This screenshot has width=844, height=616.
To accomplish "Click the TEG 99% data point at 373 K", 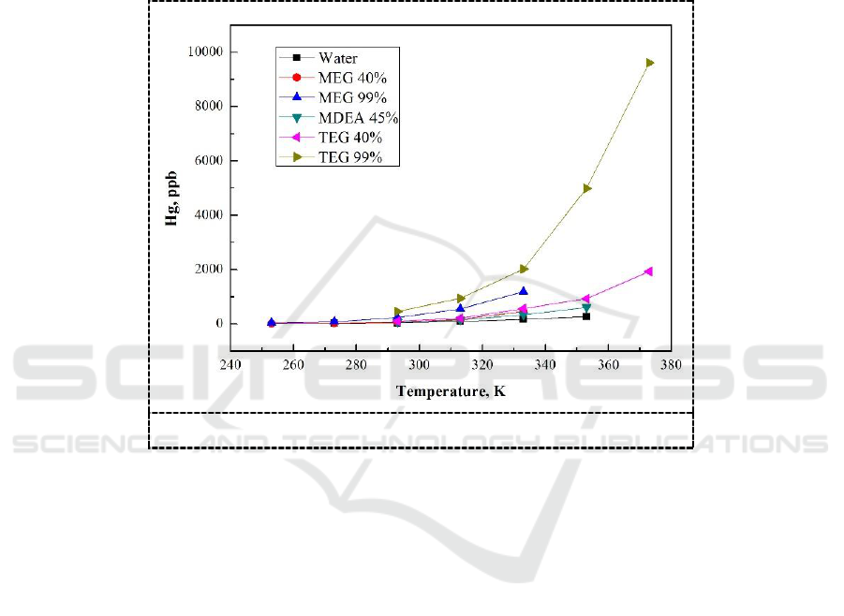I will click(x=649, y=63).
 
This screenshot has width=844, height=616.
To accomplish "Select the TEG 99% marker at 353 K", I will click(x=586, y=188).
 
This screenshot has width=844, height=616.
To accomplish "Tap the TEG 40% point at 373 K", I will click(x=648, y=271).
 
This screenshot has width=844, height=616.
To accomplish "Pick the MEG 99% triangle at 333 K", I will click(x=524, y=291).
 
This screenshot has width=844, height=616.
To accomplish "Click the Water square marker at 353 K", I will click(x=586, y=316).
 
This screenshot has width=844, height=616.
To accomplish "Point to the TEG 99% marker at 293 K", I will click(x=398, y=312).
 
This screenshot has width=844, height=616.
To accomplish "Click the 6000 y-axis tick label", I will click(x=207, y=161).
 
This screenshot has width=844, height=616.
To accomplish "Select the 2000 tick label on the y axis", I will click(x=207, y=270).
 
